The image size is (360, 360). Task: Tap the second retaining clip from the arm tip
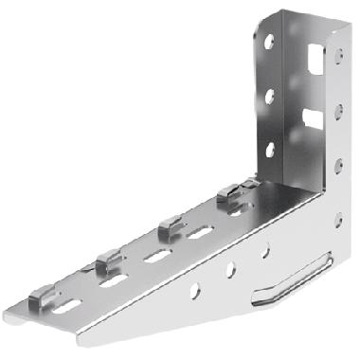109,260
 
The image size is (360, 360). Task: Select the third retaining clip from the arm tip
170,226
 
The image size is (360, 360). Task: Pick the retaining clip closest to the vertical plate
228,197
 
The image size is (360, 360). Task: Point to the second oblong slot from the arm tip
113,280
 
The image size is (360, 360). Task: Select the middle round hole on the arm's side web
229,270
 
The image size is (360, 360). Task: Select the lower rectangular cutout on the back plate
311,117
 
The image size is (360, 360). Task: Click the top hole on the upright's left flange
271,43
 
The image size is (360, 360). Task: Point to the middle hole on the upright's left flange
271,96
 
